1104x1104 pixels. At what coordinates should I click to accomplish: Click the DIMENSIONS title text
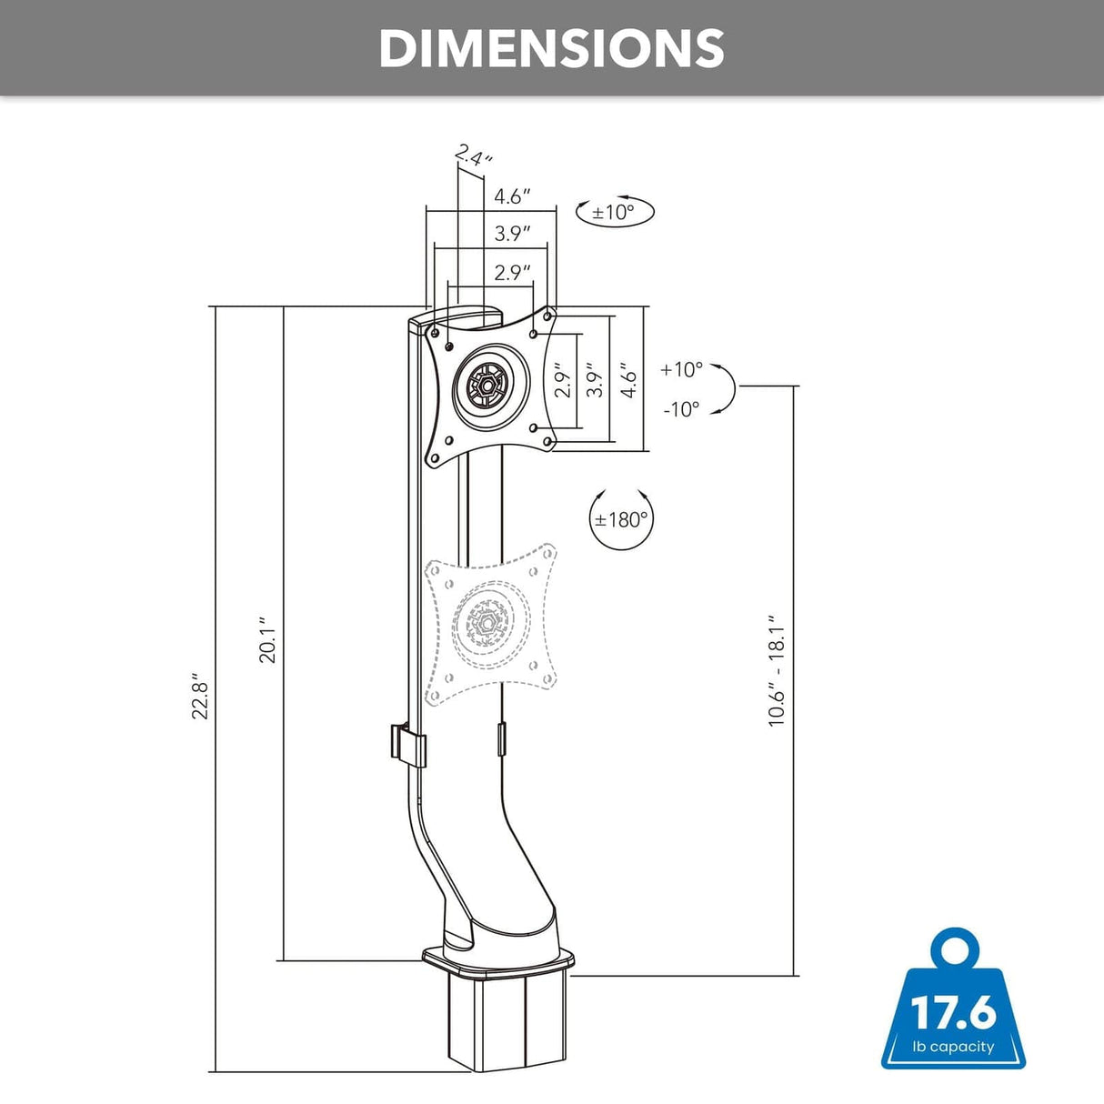click(x=551, y=48)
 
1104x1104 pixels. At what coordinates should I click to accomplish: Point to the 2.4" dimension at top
click(x=474, y=156)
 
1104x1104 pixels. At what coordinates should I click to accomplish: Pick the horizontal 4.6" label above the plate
click(x=512, y=196)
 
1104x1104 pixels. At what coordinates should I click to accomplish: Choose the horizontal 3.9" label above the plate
click(x=512, y=233)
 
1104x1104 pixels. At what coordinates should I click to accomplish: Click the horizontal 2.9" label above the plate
click(x=512, y=272)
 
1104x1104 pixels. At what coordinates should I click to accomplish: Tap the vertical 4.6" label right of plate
click(x=628, y=379)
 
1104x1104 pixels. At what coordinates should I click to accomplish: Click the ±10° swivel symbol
click(x=615, y=212)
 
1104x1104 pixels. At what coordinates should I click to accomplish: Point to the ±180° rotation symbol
click(x=621, y=520)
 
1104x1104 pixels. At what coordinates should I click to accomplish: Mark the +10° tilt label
click(x=682, y=369)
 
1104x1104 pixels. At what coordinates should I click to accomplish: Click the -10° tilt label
click(x=681, y=409)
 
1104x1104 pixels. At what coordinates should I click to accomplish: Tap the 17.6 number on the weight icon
click(x=954, y=1012)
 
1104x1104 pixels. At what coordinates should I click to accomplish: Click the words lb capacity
click(x=954, y=1047)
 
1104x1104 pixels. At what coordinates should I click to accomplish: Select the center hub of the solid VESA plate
click(x=488, y=386)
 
